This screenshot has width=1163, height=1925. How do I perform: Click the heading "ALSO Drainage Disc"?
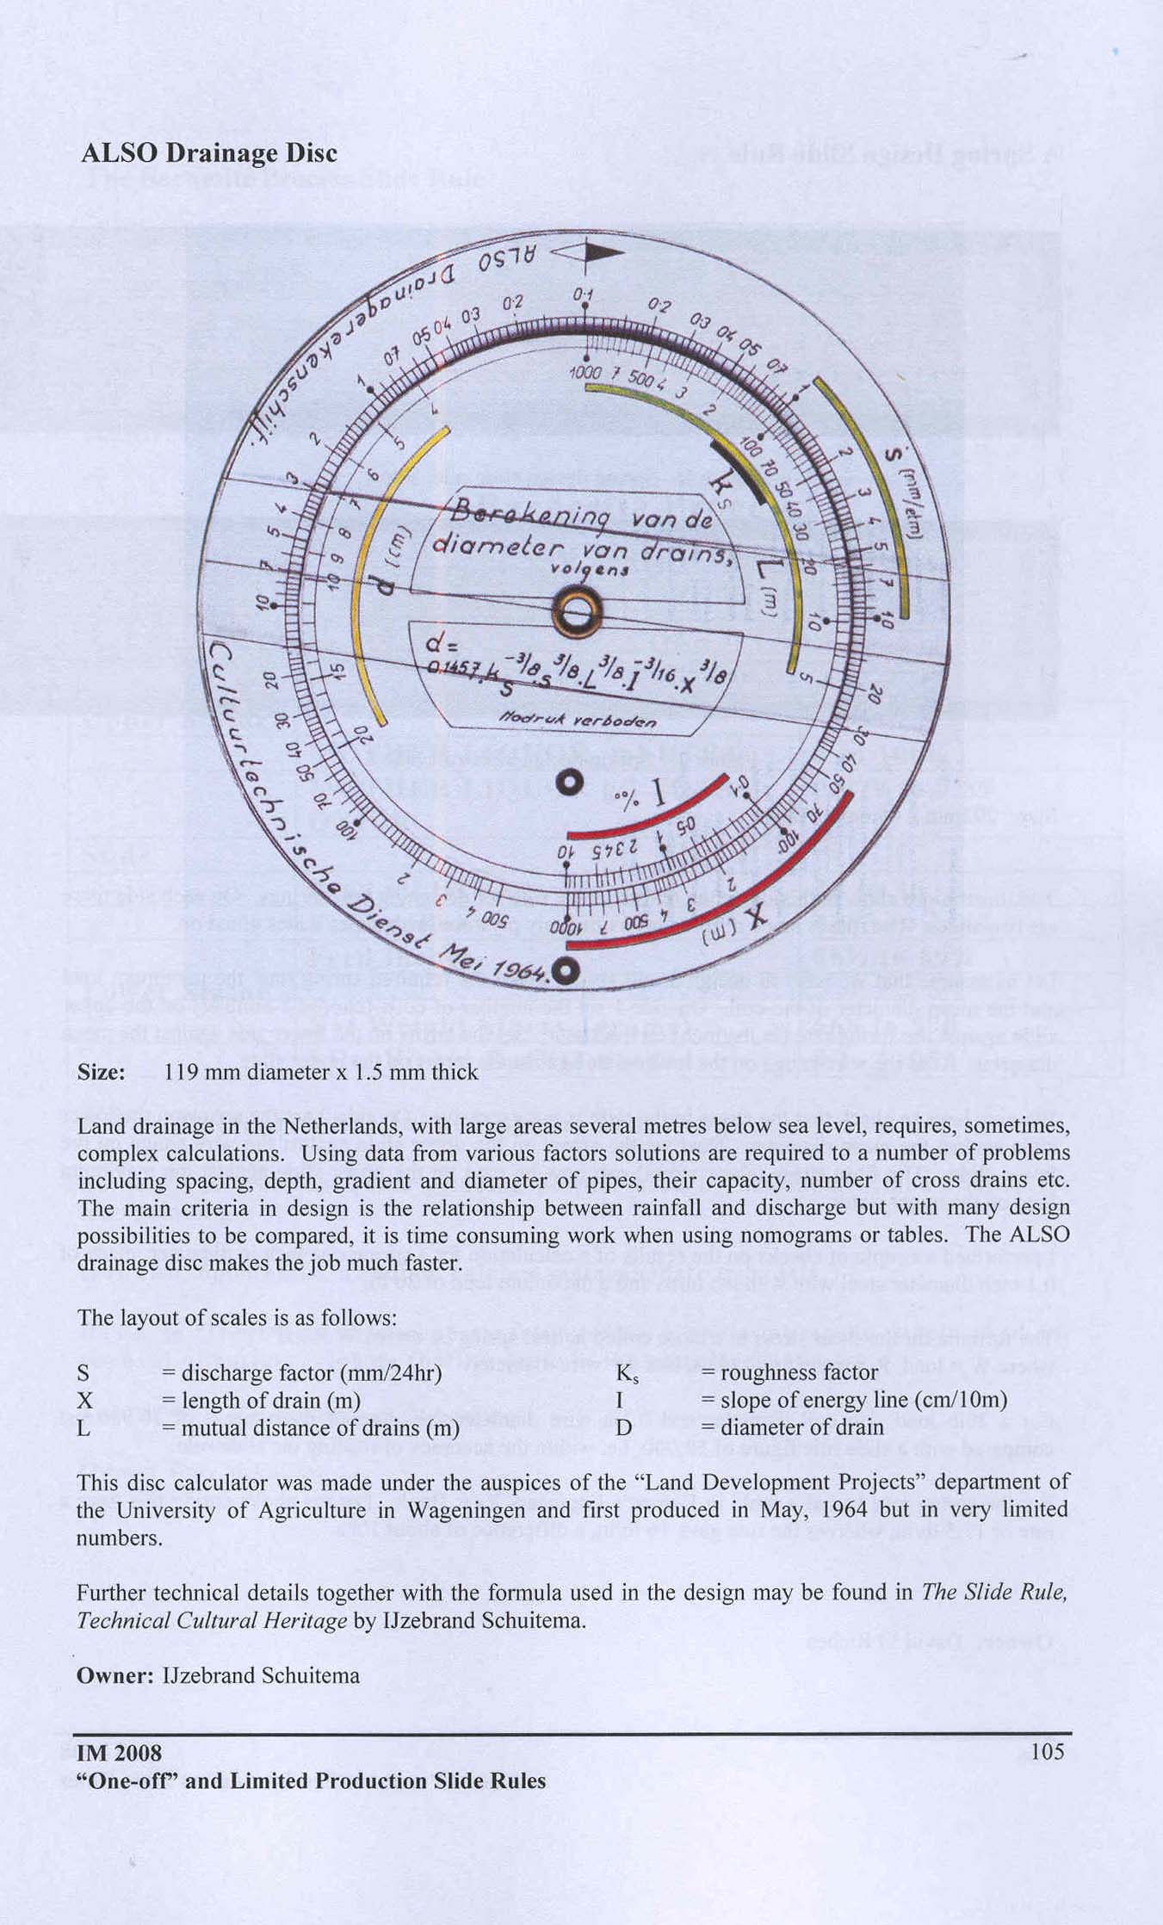pos(208,153)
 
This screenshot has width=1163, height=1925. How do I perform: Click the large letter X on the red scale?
pos(754,919)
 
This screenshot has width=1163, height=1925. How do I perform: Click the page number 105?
pos(1047,1751)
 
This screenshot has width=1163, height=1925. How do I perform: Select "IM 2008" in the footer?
pos(119,1752)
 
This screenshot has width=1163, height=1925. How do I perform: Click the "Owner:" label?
pos(114,1675)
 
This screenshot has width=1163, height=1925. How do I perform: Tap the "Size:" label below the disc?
pos(102,1072)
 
